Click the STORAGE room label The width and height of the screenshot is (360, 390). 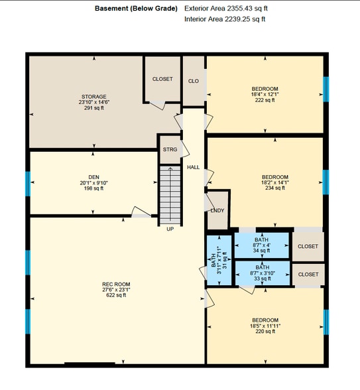(x=94, y=97)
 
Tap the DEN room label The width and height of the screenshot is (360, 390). (x=93, y=177)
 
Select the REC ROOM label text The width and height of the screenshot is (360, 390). (x=116, y=284)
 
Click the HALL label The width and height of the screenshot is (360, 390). (x=193, y=167)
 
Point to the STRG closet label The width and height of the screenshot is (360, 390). (x=170, y=149)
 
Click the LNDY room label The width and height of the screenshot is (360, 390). (x=217, y=210)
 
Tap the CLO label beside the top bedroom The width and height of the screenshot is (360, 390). (x=194, y=81)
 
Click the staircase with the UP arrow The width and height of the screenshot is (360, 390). (x=170, y=195)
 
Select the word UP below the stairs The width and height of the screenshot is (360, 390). (x=170, y=229)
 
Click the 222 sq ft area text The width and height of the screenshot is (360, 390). (x=265, y=100)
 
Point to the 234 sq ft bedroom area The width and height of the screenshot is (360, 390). (x=275, y=188)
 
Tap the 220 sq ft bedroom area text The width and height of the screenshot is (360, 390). (x=265, y=332)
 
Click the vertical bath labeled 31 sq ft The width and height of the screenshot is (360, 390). (x=219, y=260)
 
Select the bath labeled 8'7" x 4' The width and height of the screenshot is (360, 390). (x=261, y=245)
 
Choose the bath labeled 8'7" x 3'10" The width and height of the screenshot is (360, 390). (x=263, y=273)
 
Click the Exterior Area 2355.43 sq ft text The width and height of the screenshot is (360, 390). (x=226, y=9)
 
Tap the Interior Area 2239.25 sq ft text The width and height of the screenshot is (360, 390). (x=225, y=19)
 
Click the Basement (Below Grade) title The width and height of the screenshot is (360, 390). (x=136, y=9)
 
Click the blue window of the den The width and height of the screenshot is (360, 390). (x=28, y=184)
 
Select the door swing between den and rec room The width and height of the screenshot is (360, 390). (x=141, y=212)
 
